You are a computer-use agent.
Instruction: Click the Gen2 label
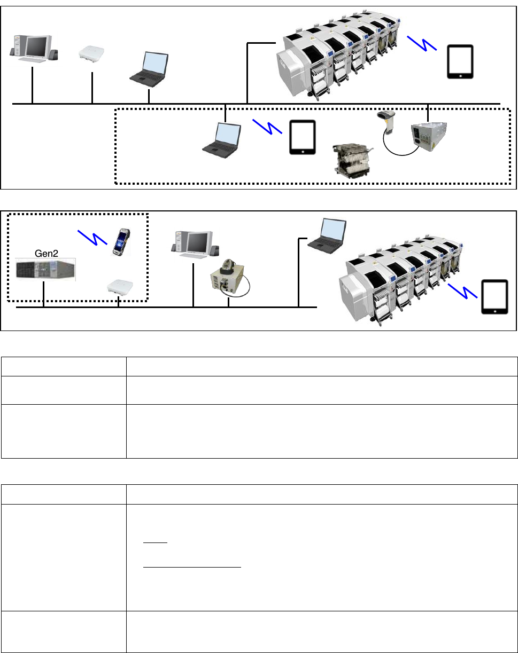[47, 253]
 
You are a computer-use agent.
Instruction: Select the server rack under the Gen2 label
[45, 270]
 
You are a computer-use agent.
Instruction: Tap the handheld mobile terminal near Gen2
[121, 242]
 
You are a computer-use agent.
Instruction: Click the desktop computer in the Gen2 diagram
[194, 245]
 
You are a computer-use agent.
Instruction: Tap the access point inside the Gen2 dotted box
[120, 287]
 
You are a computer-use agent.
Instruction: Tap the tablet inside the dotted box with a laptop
[303, 138]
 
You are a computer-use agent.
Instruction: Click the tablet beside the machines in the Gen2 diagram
[495, 297]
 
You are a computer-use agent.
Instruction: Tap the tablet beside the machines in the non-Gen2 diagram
[460, 61]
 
